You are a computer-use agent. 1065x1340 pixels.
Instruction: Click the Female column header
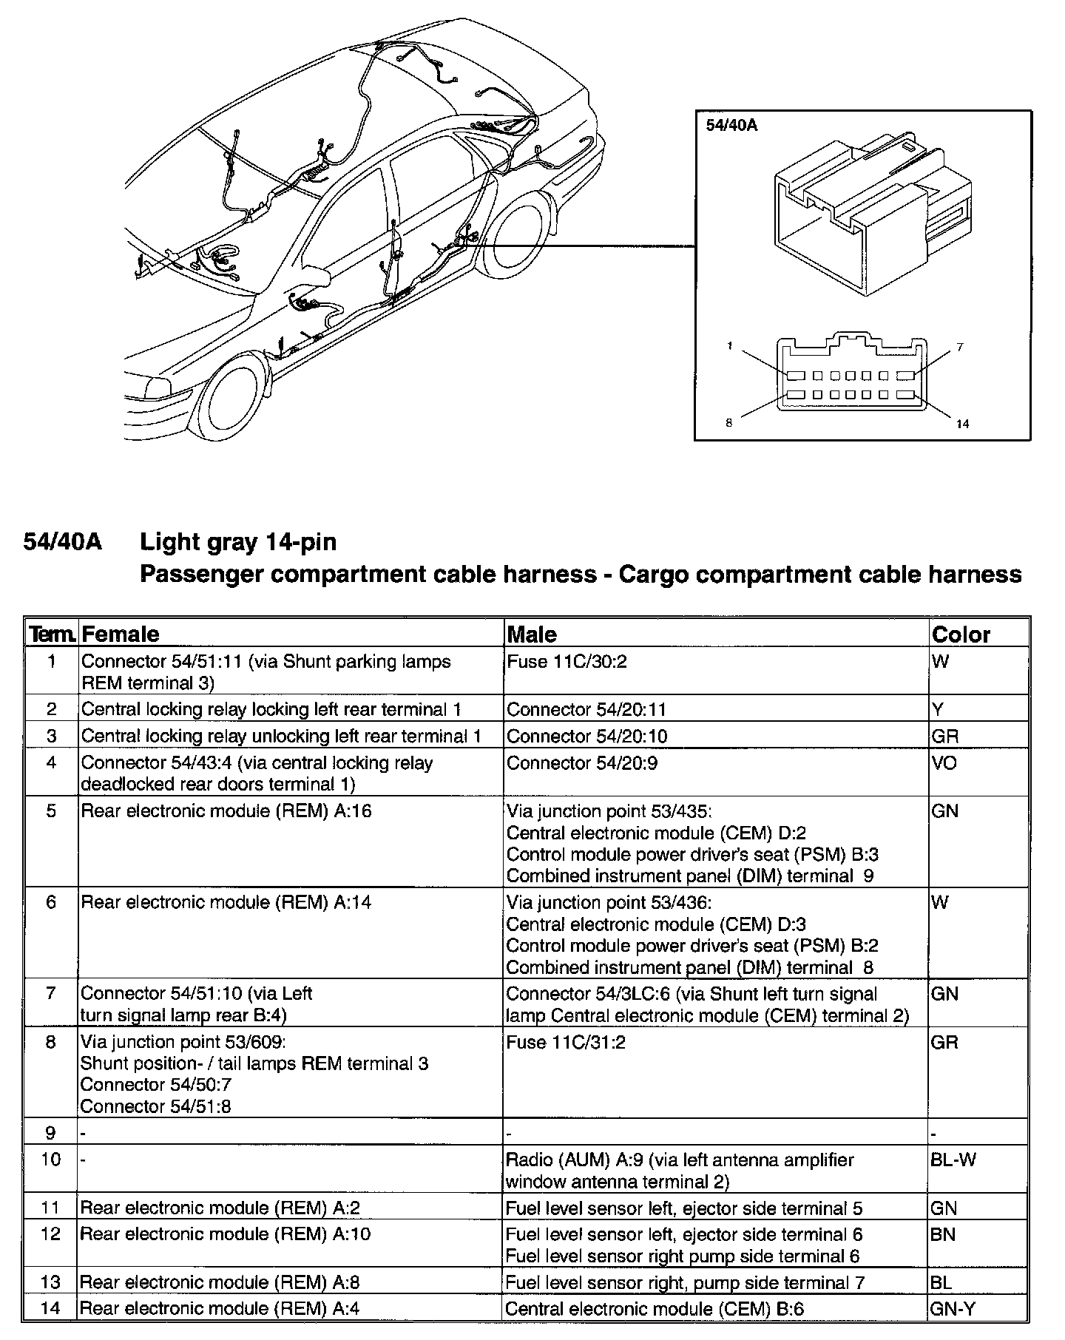coord(120,635)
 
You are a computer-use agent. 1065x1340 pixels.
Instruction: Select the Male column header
coord(532,635)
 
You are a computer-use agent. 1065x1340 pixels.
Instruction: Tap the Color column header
coord(961,635)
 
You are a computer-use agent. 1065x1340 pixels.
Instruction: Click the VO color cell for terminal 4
coord(944,762)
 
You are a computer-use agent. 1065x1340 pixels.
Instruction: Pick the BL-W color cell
coord(953,1160)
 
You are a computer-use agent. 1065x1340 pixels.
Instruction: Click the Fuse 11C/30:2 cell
coord(567,661)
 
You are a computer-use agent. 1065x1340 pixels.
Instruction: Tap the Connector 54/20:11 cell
coord(586,709)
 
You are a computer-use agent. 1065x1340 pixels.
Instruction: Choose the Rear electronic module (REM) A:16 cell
coord(226,811)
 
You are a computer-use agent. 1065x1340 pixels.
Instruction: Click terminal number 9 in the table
coord(50,1132)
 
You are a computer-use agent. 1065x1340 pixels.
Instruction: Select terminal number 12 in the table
coord(50,1234)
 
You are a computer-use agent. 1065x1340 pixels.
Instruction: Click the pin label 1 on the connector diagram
coord(730,346)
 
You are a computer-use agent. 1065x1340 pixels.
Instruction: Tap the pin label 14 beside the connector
coord(962,424)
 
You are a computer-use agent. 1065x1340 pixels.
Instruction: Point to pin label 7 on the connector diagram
coord(960,347)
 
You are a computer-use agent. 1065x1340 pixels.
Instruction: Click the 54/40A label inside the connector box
coord(731,125)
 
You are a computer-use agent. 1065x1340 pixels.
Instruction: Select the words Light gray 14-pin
coord(238,542)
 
